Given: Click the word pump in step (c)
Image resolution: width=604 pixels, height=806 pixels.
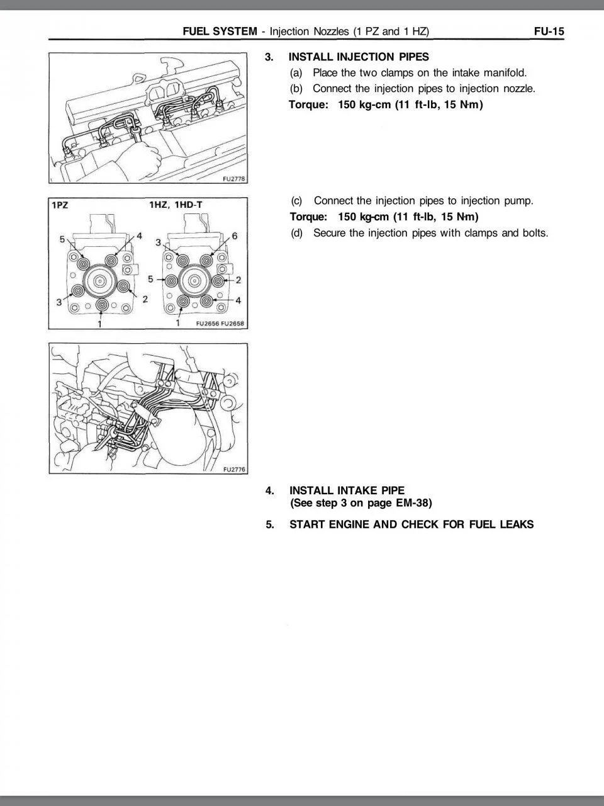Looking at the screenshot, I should coord(518,201).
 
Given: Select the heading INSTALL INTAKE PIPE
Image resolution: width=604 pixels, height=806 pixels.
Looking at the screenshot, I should coord(347,490).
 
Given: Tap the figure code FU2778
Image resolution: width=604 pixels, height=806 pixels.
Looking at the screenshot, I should coord(233,179).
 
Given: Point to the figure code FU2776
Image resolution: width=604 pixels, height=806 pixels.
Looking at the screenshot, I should coord(233,469).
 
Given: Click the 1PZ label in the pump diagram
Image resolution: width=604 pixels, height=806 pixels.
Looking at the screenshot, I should coord(60,205).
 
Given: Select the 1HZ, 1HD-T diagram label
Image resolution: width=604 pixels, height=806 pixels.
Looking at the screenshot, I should coord(176,205).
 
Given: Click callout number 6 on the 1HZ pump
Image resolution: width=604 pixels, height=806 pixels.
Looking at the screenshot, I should coord(235,236).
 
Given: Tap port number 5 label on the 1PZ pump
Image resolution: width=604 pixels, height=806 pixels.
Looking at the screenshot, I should coord(62,239).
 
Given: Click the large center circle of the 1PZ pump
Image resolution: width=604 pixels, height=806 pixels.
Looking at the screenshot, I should coord(101,280).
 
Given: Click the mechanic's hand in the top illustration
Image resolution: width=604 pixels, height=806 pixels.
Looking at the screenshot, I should coord(143,161).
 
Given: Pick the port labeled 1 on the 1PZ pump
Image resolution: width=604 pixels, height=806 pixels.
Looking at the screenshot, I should coord(101,306).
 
